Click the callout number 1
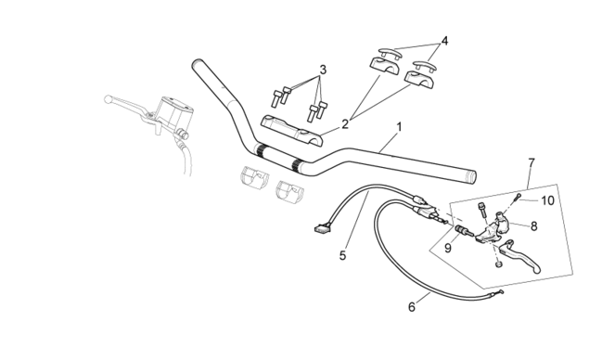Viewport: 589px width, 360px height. pos(399,126)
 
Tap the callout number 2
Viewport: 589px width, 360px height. pos(345,124)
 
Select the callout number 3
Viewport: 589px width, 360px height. pos(323,70)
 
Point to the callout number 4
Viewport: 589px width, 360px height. pos(444,41)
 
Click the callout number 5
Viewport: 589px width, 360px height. pos(342,255)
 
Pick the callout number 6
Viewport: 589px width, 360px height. pos(412,307)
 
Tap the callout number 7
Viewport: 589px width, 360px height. pos(531,163)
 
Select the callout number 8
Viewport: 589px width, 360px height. pos(533,226)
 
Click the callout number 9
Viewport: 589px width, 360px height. pos(447,248)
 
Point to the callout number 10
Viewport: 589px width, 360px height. pos(547,200)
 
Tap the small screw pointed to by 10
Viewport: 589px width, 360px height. pos(519,196)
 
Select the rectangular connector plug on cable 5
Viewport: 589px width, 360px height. pos(323,227)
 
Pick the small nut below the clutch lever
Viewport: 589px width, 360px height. pos(498,265)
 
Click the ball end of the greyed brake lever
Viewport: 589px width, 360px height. pos(108,99)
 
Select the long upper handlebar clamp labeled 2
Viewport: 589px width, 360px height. pos(292,131)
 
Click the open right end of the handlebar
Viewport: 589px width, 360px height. pos(472,177)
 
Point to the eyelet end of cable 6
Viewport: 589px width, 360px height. pos(500,293)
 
